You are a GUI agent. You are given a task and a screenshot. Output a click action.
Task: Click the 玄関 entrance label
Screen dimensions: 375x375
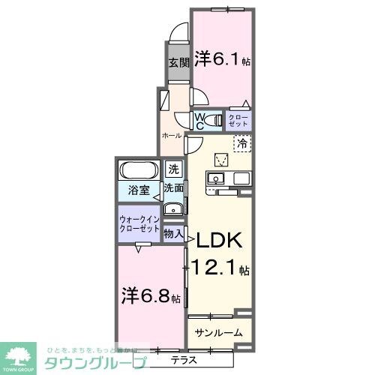pos(177,64)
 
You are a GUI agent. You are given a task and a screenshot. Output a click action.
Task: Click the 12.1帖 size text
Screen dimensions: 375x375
pos(223,267)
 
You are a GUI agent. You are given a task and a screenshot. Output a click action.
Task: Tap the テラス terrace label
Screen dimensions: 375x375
pos(183,359)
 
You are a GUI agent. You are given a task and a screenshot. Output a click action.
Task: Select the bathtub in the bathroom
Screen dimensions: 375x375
pos(137,169)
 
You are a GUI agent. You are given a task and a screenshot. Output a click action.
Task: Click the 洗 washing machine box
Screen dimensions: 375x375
pos(173,169)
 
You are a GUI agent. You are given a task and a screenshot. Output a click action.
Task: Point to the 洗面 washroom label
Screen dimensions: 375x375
pos(174,189)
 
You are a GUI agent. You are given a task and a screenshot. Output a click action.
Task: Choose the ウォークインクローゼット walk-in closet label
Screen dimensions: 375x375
pos(139,223)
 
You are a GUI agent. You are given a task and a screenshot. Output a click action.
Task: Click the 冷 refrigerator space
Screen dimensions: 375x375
pos(242,142)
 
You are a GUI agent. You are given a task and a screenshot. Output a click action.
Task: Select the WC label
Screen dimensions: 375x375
pos(200,120)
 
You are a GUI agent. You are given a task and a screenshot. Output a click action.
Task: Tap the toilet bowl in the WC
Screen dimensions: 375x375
pos(216,120)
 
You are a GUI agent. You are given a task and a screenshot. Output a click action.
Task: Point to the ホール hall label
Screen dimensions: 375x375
pos(172,136)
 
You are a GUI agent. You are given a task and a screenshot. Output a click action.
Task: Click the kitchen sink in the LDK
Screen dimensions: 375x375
pos(214,179)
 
